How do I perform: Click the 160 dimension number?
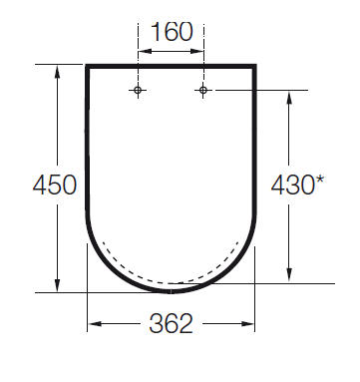(172, 32)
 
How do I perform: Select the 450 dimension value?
(55, 186)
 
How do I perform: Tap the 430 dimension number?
(292, 186)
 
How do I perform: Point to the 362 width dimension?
(171, 323)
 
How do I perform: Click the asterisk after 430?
(319, 180)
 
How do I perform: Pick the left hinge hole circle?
(138, 90)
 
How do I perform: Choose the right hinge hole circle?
(203, 90)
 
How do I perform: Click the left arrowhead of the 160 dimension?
(145, 52)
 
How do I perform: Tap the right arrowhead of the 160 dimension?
(196, 52)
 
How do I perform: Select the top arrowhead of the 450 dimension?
(57, 72)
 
